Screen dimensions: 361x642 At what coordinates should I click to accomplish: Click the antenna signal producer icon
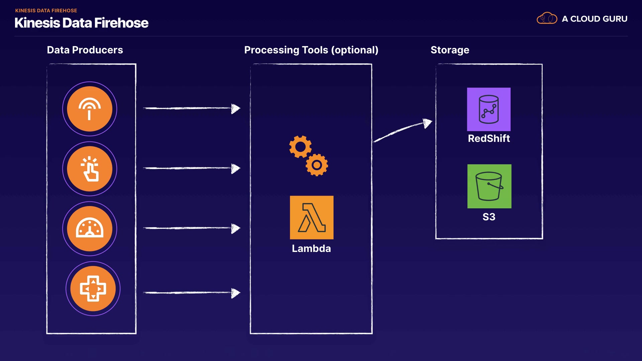(90, 109)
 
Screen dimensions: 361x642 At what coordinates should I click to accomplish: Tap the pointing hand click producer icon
(90, 169)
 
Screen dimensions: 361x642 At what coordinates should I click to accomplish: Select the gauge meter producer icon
(90, 229)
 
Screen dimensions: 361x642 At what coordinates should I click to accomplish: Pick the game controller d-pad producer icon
(93, 288)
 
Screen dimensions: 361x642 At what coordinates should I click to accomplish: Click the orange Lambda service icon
(312, 218)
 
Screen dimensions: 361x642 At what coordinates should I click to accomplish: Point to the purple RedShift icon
(489, 109)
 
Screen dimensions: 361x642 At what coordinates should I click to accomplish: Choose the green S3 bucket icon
(489, 186)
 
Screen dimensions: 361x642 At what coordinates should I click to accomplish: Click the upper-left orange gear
(300, 147)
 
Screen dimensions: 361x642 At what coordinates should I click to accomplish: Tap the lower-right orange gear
(317, 165)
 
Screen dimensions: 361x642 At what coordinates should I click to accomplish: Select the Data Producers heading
(85, 50)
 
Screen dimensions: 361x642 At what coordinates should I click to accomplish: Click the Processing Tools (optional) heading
(311, 50)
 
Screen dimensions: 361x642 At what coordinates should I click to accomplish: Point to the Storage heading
(450, 50)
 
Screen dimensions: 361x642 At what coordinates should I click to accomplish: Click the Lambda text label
(311, 249)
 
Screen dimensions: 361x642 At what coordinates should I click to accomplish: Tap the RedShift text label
(489, 138)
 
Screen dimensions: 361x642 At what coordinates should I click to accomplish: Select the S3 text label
(489, 217)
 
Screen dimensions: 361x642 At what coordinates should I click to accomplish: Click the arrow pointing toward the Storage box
(403, 130)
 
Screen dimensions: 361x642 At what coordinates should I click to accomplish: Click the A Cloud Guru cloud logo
(547, 18)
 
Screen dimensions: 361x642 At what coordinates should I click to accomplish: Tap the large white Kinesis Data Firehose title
(82, 23)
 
